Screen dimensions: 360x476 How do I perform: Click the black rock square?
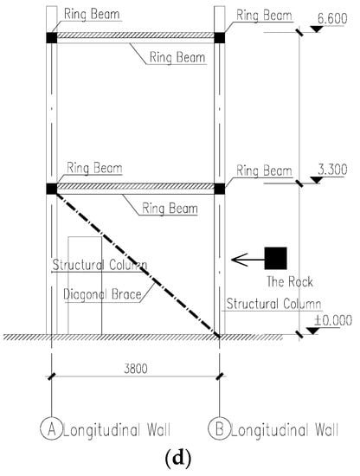pyautogui.click(x=275, y=259)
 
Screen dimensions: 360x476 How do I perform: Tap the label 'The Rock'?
pyautogui.click(x=290, y=282)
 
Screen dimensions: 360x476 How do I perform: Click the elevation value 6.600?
pyautogui.click(x=332, y=19)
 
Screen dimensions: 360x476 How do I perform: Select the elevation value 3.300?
pyautogui.click(x=332, y=170)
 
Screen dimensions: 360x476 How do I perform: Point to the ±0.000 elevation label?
pyautogui.click(x=333, y=320)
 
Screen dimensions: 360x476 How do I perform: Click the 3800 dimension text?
pyautogui.click(x=136, y=369)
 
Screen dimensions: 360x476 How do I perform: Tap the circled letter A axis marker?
pyautogui.click(x=52, y=428)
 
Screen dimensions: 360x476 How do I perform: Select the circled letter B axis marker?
pyautogui.click(x=219, y=428)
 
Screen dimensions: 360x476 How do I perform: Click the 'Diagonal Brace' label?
pyautogui.click(x=102, y=294)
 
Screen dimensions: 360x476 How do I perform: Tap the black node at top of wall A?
pyautogui.click(x=52, y=37)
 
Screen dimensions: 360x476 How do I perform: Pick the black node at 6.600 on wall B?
pyautogui.click(x=220, y=37)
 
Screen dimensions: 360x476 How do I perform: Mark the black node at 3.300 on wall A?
pyautogui.click(x=52, y=189)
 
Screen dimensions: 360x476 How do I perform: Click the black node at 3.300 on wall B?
pyautogui.click(x=220, y=189)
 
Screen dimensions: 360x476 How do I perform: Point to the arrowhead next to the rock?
pyautogui.click(x=240, y=260)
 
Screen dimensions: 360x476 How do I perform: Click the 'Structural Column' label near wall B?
pyautogui.click(x=273, y=304)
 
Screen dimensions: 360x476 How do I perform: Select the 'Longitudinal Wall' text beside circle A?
pyautogui.click(x=117, y=430)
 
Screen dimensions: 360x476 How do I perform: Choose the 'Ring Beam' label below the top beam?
pyautogui.click(x=177, y=57)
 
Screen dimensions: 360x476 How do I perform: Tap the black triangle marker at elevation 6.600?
pyautogui.click(x=317, y=29)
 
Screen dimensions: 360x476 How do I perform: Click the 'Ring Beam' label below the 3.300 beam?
pyautogui.click(x=170, y=209)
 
